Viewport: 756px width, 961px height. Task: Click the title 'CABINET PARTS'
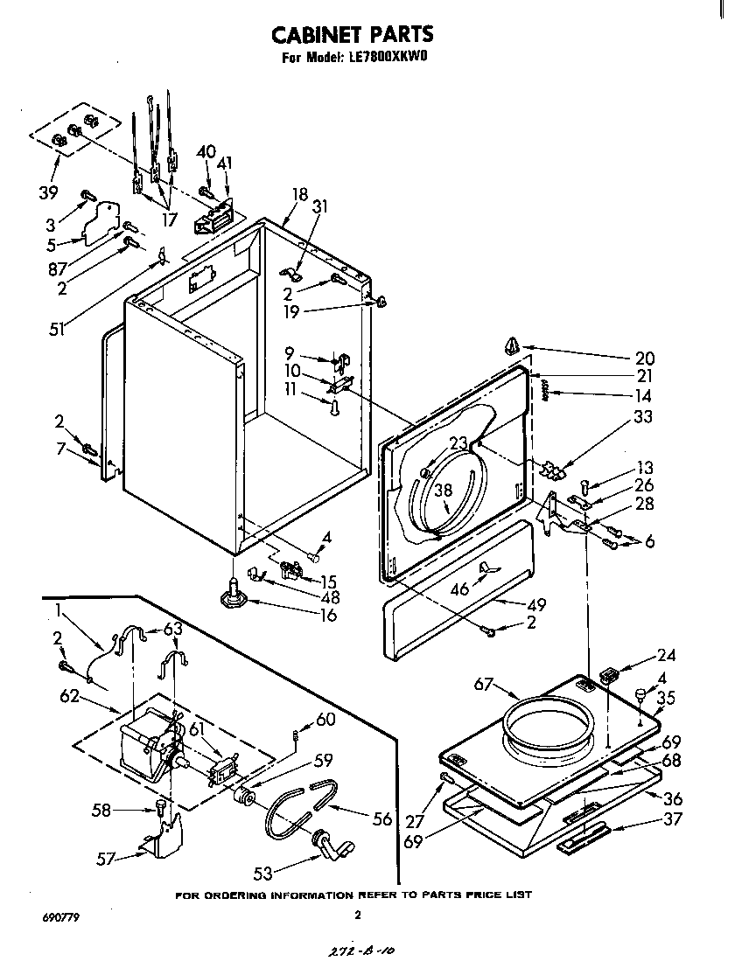click(352, 34)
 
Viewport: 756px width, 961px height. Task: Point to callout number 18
click(300, 194)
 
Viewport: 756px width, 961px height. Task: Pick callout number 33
click(643, 417)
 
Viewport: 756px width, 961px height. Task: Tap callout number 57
click(107, 859)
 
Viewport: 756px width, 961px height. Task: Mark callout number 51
click(58, 330)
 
